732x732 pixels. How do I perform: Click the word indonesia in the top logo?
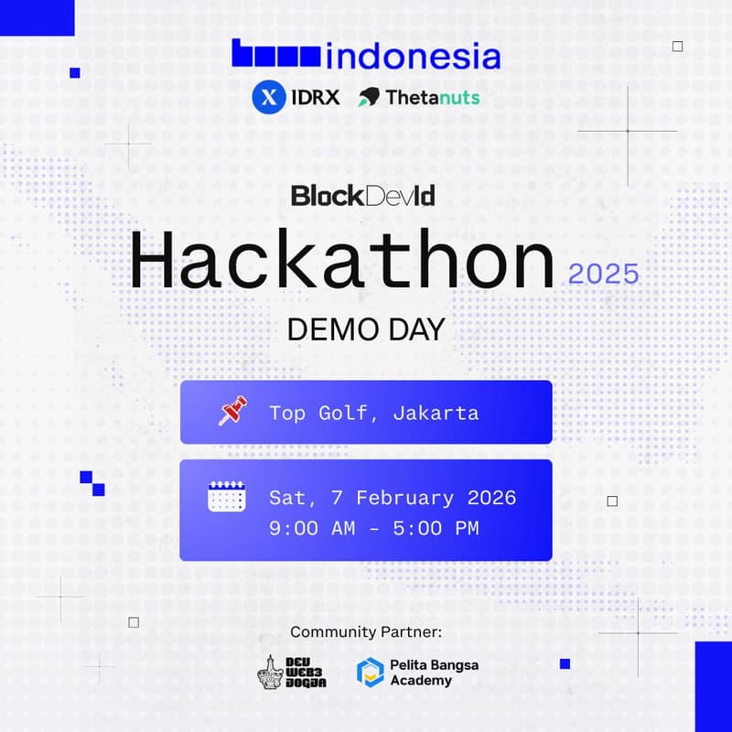(x=413, y=56)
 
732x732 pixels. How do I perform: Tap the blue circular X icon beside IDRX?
(x=267, y=97)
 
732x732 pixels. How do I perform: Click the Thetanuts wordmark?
(x=433, y=97)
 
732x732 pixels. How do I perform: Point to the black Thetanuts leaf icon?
(x=370, y=97)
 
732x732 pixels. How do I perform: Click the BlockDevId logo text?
(x=362, y=195)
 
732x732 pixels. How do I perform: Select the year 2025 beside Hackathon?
(x=603, y=274)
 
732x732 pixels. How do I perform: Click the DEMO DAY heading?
(x=365, y=329)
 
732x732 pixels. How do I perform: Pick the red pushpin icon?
(x=231, y=412)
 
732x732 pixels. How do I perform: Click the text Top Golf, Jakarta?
(x=373, y=413)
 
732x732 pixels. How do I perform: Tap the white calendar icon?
(x=227, y=497)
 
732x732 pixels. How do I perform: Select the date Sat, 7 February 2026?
(x=393, y=498)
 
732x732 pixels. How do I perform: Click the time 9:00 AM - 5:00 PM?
(x=373, y=528)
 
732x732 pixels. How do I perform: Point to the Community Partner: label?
(x=365, y=632)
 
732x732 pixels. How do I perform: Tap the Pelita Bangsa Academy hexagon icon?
(x=370, y=672)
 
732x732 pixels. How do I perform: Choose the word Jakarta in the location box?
(x=436, y=413)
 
